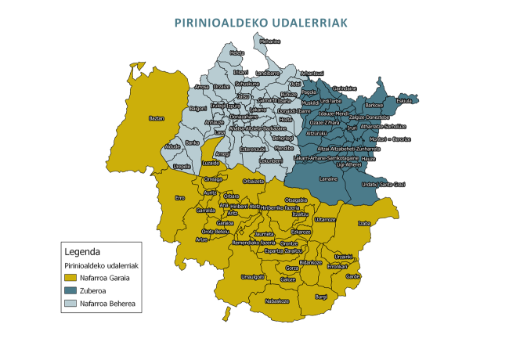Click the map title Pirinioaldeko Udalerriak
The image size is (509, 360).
[262, 23]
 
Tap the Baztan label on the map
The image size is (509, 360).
[157, 118]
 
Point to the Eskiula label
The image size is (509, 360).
[404, 101]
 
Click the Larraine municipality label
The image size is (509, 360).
[329, 178]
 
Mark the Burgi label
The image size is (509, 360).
[321, 297]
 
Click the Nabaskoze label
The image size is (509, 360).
[277, 301]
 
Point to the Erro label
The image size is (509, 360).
[179, 198]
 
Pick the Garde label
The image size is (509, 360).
[353, 276]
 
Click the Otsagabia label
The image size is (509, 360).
[285, 200]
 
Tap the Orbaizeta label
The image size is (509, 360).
[254, 180]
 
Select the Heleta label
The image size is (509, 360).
[237, 52]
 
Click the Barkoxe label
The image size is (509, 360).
[374, 105]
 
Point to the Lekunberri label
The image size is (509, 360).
[270, 160]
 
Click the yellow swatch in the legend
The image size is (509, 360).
[70, 278]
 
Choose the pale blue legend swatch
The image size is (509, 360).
[70, 303]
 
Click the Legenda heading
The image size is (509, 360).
[81, 252]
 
